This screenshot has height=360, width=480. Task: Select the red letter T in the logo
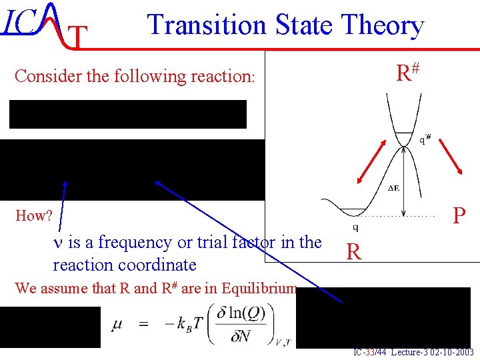coord(79,39)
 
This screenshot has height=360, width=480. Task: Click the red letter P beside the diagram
coord(459,216)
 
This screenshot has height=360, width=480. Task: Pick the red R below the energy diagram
coord(354,252)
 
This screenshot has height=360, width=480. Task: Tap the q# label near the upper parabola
coord(425,139)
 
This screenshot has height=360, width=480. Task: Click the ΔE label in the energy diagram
coord(394,188)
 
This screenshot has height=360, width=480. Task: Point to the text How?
coord(33,216)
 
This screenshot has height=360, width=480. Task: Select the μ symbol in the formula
coord(117,327)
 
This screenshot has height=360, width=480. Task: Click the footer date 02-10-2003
coord(451,352)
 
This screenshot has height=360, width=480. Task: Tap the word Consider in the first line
coord(43,76)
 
